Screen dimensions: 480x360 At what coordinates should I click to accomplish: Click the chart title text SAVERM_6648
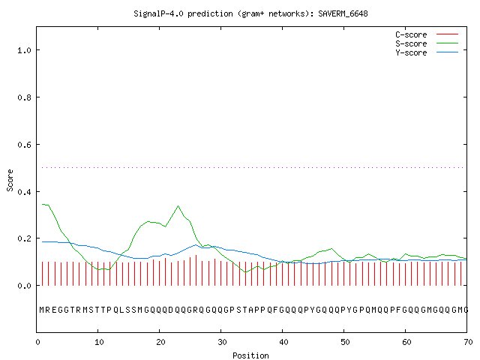pos(343,13)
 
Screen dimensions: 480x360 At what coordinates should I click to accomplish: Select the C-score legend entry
pos(427,34)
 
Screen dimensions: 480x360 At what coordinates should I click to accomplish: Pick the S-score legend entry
pos(427,43)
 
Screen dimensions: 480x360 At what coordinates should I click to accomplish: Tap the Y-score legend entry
pos(427,52)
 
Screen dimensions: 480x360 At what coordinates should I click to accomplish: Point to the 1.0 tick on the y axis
pos(24,50)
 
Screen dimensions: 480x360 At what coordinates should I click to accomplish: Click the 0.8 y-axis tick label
pos(24,97)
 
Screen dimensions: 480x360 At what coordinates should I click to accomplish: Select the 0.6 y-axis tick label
pos(24,145)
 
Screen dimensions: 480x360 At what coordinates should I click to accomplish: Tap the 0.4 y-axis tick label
pos(24,192)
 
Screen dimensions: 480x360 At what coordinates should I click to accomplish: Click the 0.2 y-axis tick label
pos(24,238)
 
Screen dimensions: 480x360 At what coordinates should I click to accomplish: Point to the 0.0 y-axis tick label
pos(24,286)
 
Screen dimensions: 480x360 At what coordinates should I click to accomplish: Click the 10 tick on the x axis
pos(99,342)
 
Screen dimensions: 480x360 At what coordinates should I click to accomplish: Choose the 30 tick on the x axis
pos(222,342)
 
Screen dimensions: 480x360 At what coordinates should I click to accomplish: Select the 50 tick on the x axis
pos(345,342)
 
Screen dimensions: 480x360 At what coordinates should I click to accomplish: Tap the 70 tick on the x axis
pos(468,342)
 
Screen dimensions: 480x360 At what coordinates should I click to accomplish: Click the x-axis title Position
pos(250,355)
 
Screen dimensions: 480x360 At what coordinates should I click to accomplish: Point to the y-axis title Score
pos(10,180)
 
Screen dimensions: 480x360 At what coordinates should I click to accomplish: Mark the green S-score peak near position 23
pos(178,206)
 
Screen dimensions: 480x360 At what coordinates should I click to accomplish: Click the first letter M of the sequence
pos(42,310)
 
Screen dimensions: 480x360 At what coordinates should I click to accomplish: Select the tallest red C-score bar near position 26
pos(196,270)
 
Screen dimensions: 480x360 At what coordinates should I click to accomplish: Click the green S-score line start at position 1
pos(43,204)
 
